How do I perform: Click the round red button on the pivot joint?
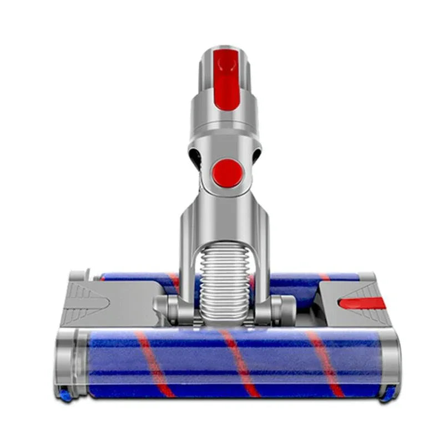click(227, 173)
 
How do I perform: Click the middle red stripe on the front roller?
click(240, 364)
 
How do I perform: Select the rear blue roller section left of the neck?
click(139, 277)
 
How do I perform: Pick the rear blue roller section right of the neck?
click(311, 277)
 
